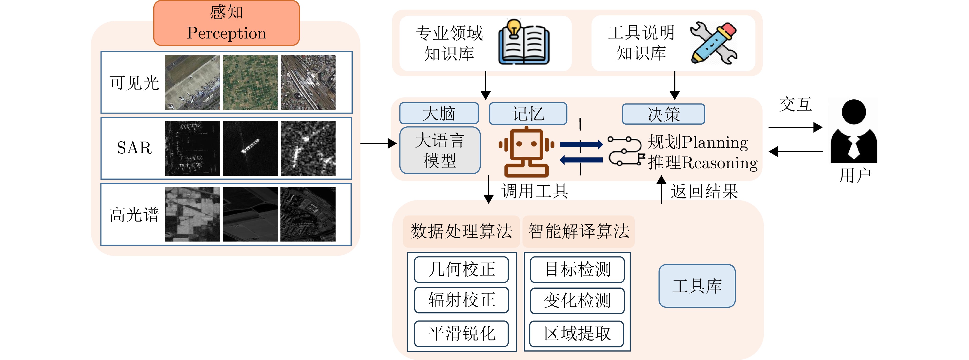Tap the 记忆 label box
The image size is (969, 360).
tap(528, 114)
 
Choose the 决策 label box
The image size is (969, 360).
tap(663, 114)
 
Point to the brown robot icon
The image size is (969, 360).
tap(526, 152)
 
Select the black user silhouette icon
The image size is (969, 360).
tap(854, 131)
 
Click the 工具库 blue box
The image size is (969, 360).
tap(697, 286)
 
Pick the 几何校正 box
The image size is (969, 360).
tap(461, 269)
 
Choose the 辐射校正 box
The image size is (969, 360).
tap(461, 300)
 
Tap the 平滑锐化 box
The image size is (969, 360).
tap(461, 333)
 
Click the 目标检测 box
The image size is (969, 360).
tap(577, 269)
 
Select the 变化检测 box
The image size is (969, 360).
tap(577, 301)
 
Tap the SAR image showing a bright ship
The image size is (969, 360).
tap(250, 148)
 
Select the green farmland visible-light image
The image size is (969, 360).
tap(250, 82)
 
